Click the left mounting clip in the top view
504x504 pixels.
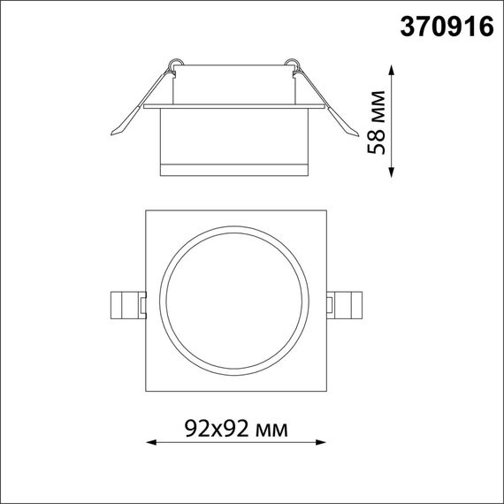[x=126, y=304]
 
